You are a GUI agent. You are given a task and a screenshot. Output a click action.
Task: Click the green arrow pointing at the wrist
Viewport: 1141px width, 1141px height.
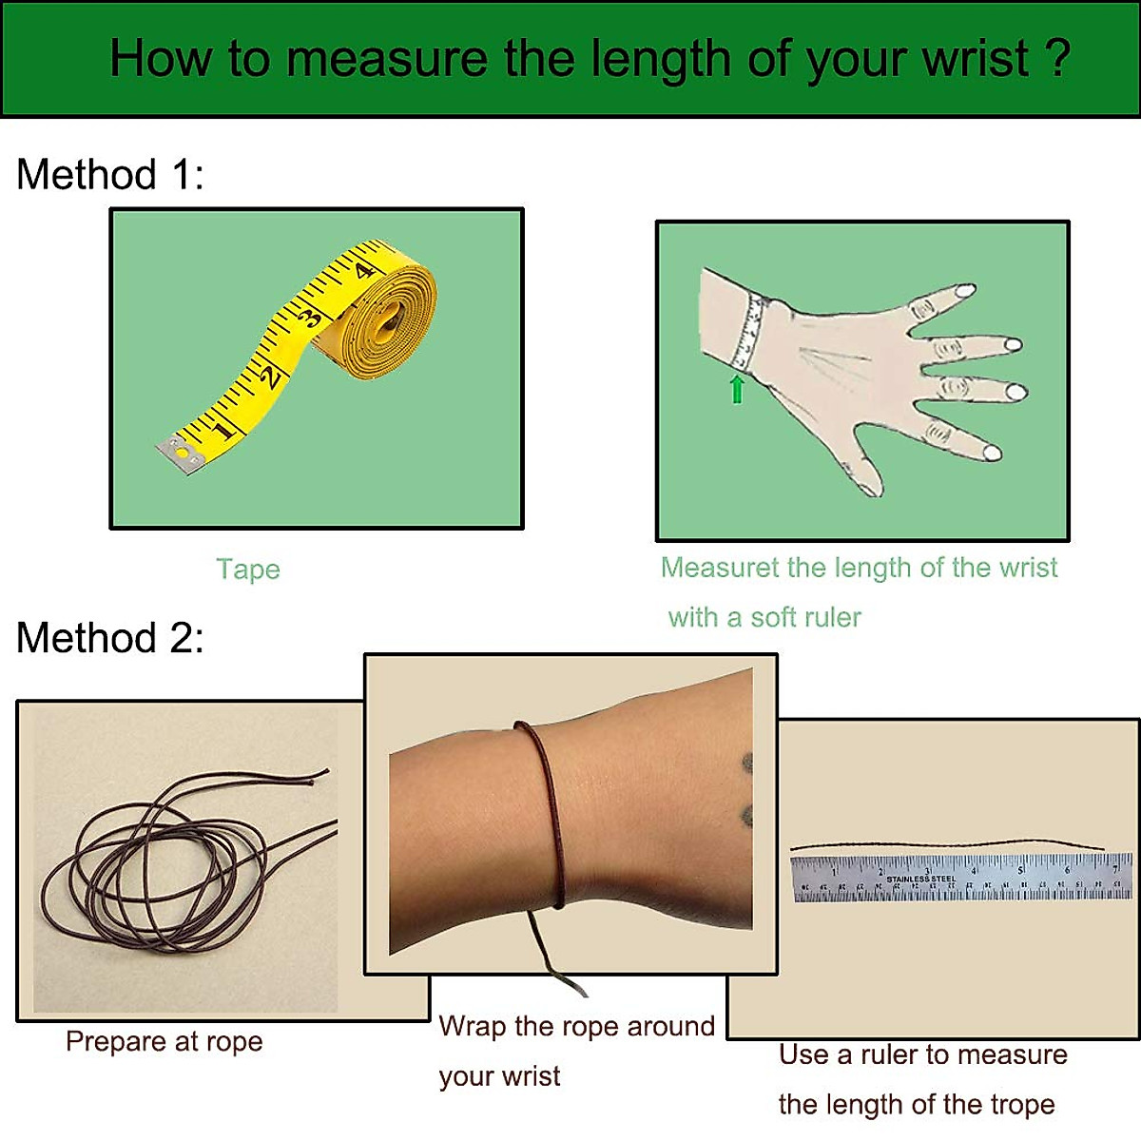click(x=737, y=389)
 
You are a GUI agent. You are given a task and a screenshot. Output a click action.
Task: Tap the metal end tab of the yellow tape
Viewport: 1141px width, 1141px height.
click(x=180, y=454)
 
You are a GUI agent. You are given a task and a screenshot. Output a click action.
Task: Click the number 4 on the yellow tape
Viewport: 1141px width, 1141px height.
click(x=363, y=271)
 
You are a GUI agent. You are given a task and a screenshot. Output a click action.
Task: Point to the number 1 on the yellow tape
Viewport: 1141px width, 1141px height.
click(x=224, y=429)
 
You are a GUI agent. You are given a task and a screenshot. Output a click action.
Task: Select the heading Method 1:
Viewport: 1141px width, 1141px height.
click(x=110, y=175)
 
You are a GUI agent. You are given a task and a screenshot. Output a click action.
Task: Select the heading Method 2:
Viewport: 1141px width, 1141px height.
click(x=110, y=638)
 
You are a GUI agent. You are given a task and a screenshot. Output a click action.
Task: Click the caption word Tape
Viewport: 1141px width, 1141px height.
click(x=248, y=570)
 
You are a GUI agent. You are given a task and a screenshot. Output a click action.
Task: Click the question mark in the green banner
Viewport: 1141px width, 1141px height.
click(x=1058, y=57)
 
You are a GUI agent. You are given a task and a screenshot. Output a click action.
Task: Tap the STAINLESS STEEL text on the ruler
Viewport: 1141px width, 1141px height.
click(x=920, y=879)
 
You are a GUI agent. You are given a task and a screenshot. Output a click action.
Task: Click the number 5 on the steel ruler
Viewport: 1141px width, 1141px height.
click(x=1020, y=870)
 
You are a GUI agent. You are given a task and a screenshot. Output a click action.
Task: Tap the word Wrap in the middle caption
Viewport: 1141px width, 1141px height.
click(x=472, y=1027)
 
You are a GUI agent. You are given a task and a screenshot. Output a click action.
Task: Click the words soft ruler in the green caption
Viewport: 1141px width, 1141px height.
click(x=806, y=618)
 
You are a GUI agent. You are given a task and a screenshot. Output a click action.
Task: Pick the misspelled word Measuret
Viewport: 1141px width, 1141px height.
click(x=720, y=568)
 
